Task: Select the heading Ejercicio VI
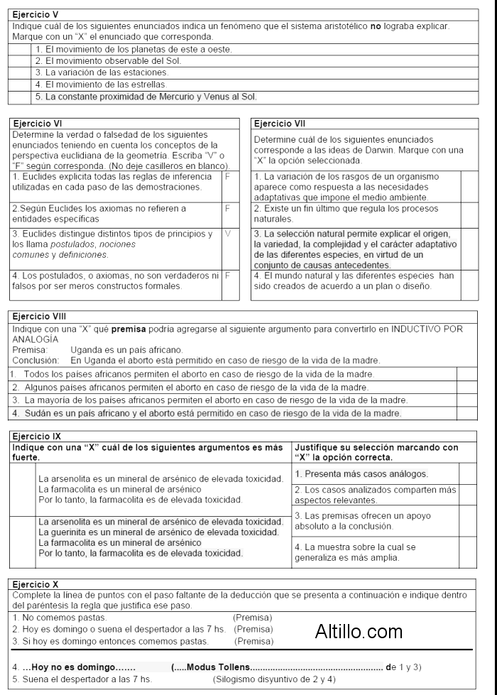point(38,123)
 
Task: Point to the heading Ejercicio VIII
point(40,316)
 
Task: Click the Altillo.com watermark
point(359,631)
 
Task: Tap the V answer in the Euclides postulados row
point(227,234)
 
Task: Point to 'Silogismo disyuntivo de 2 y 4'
point(274,679)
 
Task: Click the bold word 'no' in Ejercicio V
point(376,26)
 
